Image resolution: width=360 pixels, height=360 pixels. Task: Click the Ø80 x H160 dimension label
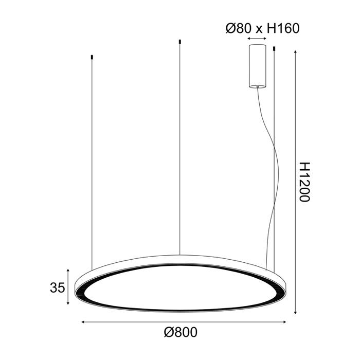[262, 28]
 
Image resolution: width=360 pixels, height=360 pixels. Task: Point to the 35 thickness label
[58, 287]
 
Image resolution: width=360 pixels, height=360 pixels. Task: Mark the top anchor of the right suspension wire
[274, 49]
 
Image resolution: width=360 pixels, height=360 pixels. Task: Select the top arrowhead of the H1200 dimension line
[295, 52]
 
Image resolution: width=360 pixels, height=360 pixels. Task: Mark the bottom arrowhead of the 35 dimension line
[68, 303]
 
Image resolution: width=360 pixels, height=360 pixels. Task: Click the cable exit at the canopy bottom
[257, 87]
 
